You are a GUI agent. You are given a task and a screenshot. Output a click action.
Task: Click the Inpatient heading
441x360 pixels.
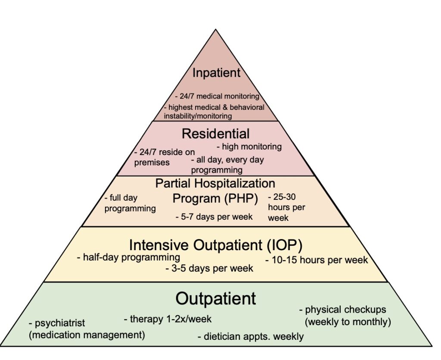[x=216, y=73]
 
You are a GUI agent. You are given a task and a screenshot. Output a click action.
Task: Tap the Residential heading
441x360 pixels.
[x=215, y=133]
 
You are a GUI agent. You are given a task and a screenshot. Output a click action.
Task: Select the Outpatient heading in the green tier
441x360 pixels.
[x=216, y=298]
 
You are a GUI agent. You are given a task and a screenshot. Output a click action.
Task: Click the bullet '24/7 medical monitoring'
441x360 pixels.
[x=217, y=96]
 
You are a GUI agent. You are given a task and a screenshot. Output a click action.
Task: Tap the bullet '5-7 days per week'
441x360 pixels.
[x=214, y=217]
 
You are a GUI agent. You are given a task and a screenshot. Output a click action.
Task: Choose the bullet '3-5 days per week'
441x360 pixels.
[x=209, y=268]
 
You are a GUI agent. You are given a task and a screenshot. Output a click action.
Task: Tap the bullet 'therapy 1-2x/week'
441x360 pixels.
[x=168, y=319]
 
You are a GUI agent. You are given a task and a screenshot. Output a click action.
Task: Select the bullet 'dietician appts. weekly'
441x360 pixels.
[x=251, y=336]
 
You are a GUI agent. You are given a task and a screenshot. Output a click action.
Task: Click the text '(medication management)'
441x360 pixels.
[x=87, y=334]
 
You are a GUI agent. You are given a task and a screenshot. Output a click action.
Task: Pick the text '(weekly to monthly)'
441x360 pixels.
[x=348, y=321]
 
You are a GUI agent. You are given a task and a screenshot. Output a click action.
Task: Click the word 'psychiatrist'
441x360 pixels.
[x=60, y=323]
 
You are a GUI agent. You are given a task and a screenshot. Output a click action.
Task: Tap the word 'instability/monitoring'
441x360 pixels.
[x=198, y=116]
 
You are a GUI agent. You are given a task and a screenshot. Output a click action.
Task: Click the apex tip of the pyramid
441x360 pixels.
[x=216, y=29]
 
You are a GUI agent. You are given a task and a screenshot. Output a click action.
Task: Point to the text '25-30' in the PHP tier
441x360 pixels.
[x=283, y=198]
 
